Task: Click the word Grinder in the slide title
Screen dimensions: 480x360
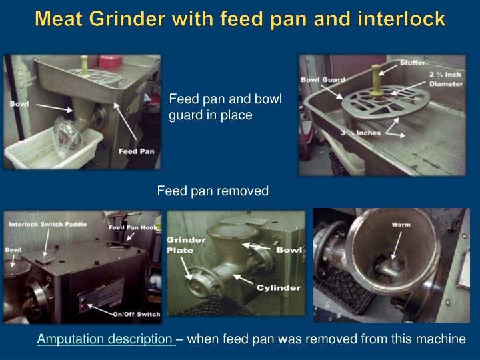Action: [127, 19]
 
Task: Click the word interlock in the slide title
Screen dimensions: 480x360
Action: [401, 19]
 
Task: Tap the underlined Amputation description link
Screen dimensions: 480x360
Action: [106, 339]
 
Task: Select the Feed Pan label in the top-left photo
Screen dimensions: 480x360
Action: [136, 151]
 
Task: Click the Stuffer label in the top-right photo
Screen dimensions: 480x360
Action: [412, 63]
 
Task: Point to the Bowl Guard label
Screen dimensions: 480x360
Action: [323, 79]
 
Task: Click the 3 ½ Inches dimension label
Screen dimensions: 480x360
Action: [361, 133]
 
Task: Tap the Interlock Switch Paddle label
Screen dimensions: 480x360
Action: [48, 225]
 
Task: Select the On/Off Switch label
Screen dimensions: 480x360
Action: [137, 314]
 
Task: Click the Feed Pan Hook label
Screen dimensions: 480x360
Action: [133, 227]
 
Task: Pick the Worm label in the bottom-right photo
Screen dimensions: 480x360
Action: [401, 225]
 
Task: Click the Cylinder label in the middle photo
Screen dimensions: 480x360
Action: [279, 288]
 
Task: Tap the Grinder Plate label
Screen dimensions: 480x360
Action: [185, 245]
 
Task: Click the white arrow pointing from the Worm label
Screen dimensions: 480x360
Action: [397, 245]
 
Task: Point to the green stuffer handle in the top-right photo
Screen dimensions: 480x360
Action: [377, 79]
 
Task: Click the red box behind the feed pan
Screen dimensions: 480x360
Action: [110, 61]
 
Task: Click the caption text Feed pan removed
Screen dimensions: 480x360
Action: [213, 191]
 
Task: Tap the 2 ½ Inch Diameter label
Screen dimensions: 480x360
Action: [446, 79]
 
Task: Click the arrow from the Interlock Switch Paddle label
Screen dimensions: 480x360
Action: [47, 243]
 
